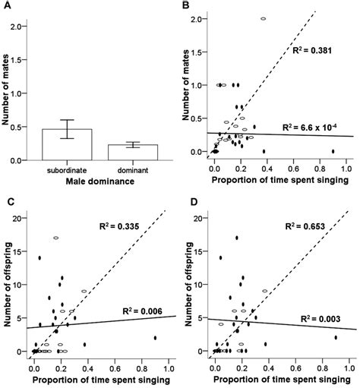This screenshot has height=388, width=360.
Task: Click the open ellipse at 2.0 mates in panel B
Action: click(x=263, y=18)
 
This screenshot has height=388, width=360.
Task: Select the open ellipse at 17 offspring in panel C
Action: click(x=56, y=238)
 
